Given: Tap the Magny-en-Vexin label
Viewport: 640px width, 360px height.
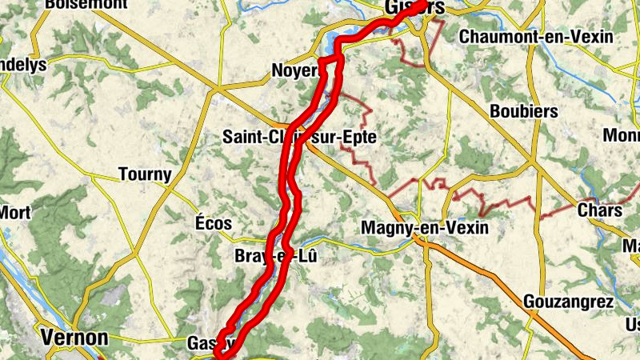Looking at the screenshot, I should point(424,228).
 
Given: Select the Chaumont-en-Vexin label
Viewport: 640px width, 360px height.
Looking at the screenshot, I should point(536,37).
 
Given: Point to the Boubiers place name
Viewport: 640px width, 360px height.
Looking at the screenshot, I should point(523,111).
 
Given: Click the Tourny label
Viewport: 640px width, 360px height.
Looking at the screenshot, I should point(145,174).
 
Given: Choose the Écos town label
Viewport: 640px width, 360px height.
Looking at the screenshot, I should point(214,224).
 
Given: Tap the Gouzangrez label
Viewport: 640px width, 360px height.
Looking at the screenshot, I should point(569,302).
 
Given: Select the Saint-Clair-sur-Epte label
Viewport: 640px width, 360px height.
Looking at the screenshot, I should point(300,138).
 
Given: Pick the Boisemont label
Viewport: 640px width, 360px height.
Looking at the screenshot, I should point(86,4).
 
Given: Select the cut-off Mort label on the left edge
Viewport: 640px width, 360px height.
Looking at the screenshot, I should point(14,212).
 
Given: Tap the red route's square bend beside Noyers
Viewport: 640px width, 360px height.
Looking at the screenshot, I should point(330,62).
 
